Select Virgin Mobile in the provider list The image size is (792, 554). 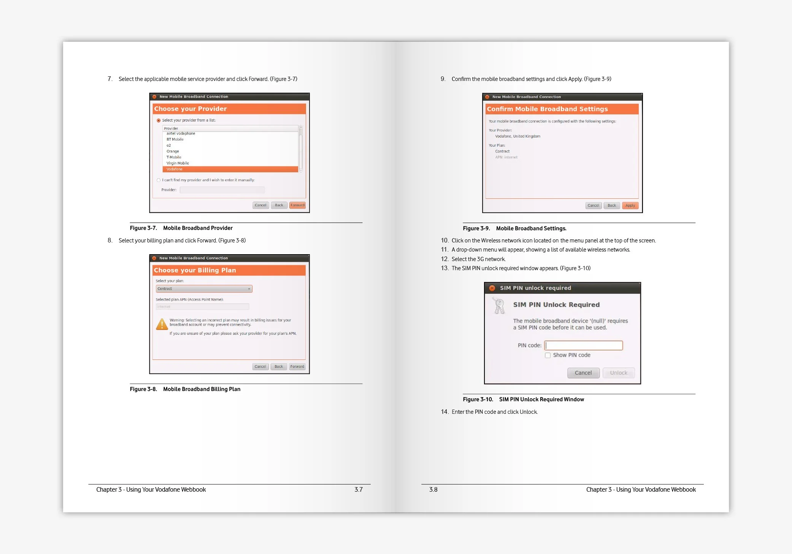178,163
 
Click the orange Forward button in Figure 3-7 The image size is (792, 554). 297,205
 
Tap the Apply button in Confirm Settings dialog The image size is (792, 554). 630,206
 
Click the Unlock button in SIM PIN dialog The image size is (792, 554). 619,373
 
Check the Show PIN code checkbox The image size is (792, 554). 548,355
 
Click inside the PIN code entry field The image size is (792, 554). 584,345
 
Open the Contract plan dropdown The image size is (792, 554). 204,289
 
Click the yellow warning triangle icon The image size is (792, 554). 162,324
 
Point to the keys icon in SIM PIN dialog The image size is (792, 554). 499,305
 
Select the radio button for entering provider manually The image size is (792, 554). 159,180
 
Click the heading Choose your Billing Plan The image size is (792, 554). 195,270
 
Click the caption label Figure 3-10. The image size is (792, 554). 478,399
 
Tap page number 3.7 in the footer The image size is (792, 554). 359,490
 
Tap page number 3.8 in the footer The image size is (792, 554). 433,490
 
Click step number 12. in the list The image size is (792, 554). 444,259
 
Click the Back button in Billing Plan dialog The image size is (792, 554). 279,367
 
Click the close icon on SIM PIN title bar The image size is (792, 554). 492,288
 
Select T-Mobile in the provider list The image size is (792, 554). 174,157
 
